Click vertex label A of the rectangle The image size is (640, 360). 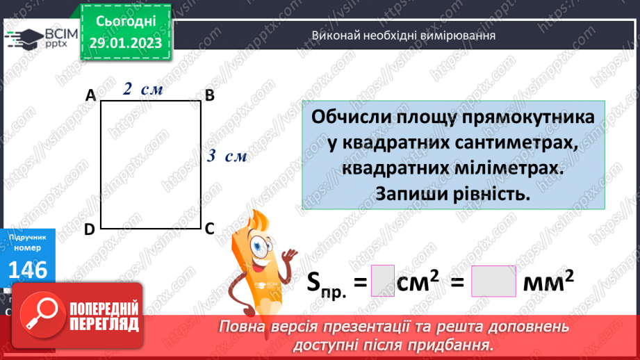pos(90,96)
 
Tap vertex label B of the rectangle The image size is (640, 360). pos(209,96)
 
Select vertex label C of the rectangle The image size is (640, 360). pos(209,228)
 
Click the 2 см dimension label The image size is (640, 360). pos(143,88)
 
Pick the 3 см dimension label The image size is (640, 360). pos(227,156)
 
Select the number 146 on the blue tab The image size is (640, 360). pos(28,269)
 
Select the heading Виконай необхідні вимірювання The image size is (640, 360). pos(403,35)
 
